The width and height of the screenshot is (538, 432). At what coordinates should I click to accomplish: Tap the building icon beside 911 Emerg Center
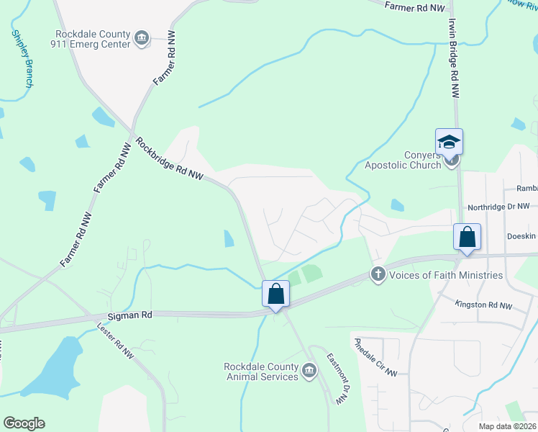142,38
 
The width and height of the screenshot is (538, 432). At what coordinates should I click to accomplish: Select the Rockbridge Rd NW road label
170,159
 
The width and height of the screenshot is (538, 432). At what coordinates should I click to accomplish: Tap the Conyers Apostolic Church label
403,160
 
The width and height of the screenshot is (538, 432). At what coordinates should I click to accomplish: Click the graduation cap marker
449,142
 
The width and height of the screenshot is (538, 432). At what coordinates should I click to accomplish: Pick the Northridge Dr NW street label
498,207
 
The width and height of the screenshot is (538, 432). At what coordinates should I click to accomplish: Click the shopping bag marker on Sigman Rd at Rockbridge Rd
275,294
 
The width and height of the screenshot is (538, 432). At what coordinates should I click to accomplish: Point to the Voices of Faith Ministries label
445,274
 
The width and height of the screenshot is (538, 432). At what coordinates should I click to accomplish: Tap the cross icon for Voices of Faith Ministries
378,274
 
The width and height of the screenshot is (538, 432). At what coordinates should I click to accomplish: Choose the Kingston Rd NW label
484,305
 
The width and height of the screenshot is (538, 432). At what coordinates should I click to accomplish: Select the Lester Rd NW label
115,341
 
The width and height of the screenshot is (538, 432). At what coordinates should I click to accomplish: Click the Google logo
24,423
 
